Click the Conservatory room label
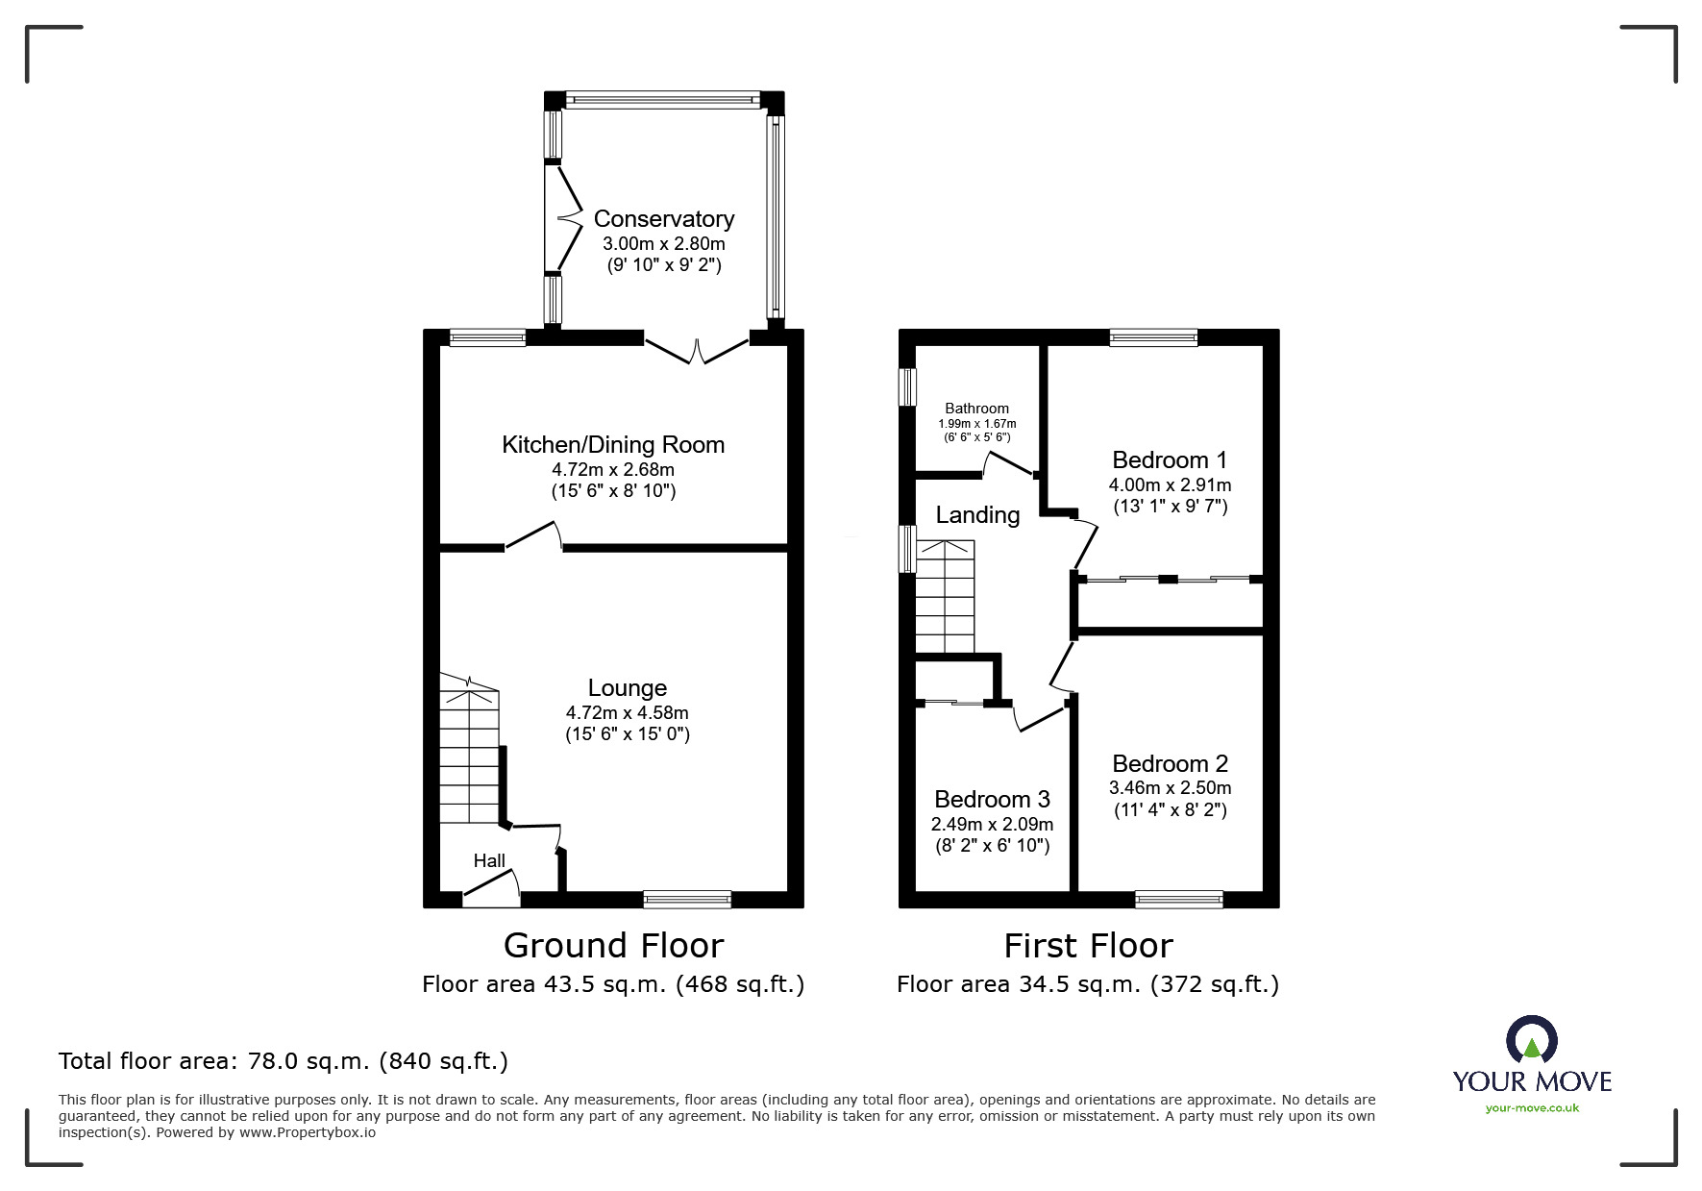tap(664, 219)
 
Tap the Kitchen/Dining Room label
tap(613, 445)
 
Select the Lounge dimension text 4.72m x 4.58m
tap(628, 713)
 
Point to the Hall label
tap(489, 860)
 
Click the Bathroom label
tap(976, 409)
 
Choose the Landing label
tap(977, 515)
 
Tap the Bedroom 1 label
tap(1170, 459)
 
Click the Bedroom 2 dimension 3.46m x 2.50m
tap(1170, 788)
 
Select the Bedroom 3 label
tap(992, 800)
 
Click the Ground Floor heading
tap(613, 946)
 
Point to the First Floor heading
tap(1088, 946)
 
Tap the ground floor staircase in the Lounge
tap(470, 749)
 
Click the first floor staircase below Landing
tap(945, 597)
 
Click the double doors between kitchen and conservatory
tap(697, 348)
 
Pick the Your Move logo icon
tap(1531, 1040)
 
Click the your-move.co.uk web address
tap(1532, 1108)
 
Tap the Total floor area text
tap(284, 1061)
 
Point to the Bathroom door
tap(1008, 463)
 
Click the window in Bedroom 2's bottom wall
tap(1178, 900)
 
